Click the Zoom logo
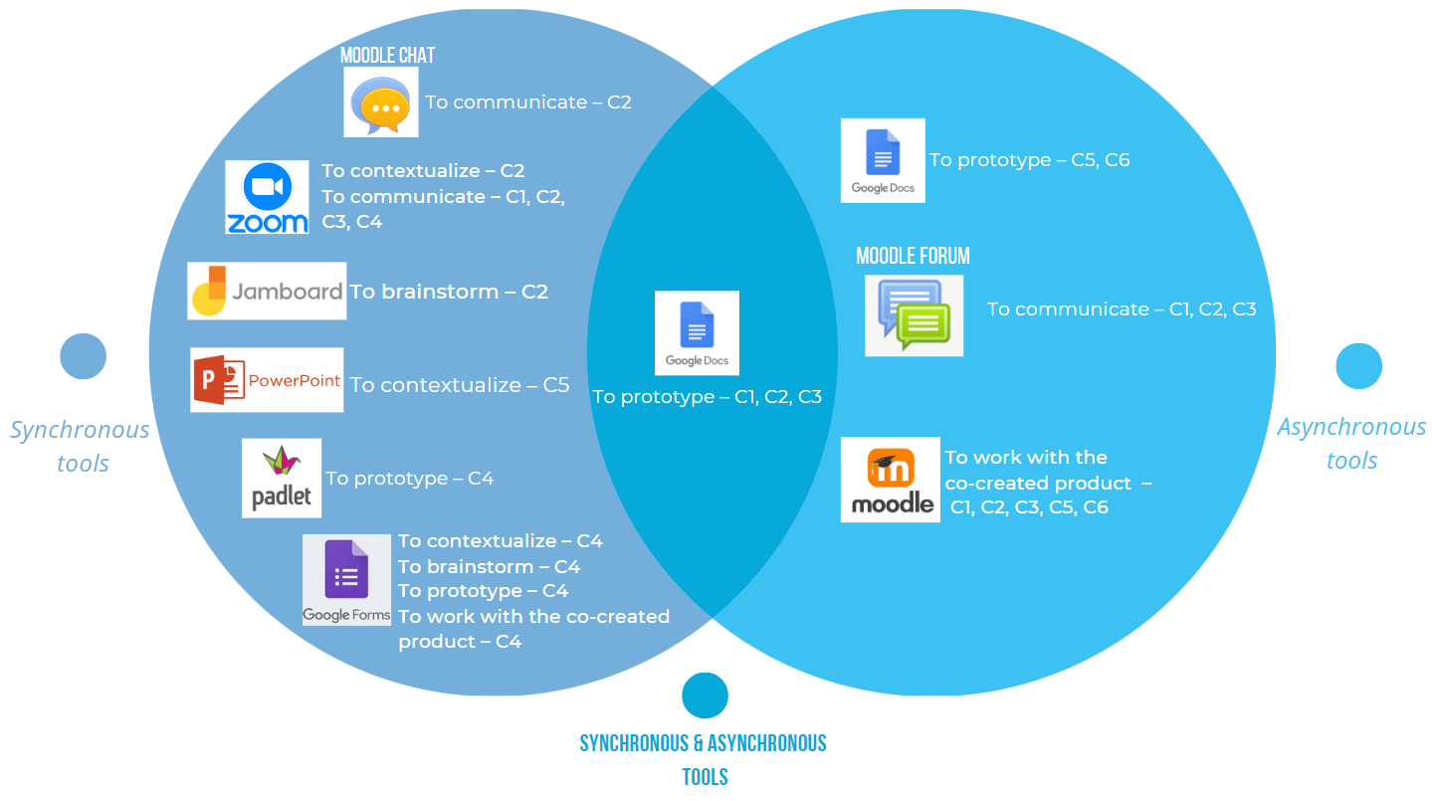267,197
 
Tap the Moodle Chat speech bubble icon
380,102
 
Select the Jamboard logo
267,291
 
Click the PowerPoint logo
267,380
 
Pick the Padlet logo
282,478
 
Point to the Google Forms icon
346,581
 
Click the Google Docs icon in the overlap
697,332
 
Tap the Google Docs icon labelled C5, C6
883,160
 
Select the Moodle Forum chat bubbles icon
914,315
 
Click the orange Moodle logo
891,480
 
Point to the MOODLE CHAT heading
387,56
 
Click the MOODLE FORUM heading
913,256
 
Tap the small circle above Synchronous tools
83,356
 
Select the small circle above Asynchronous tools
1358,365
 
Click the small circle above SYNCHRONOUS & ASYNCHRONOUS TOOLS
705,695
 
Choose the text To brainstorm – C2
449,292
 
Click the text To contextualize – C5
460,385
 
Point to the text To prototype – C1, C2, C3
707,397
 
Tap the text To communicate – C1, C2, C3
1122,309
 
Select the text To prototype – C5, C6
1029,160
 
